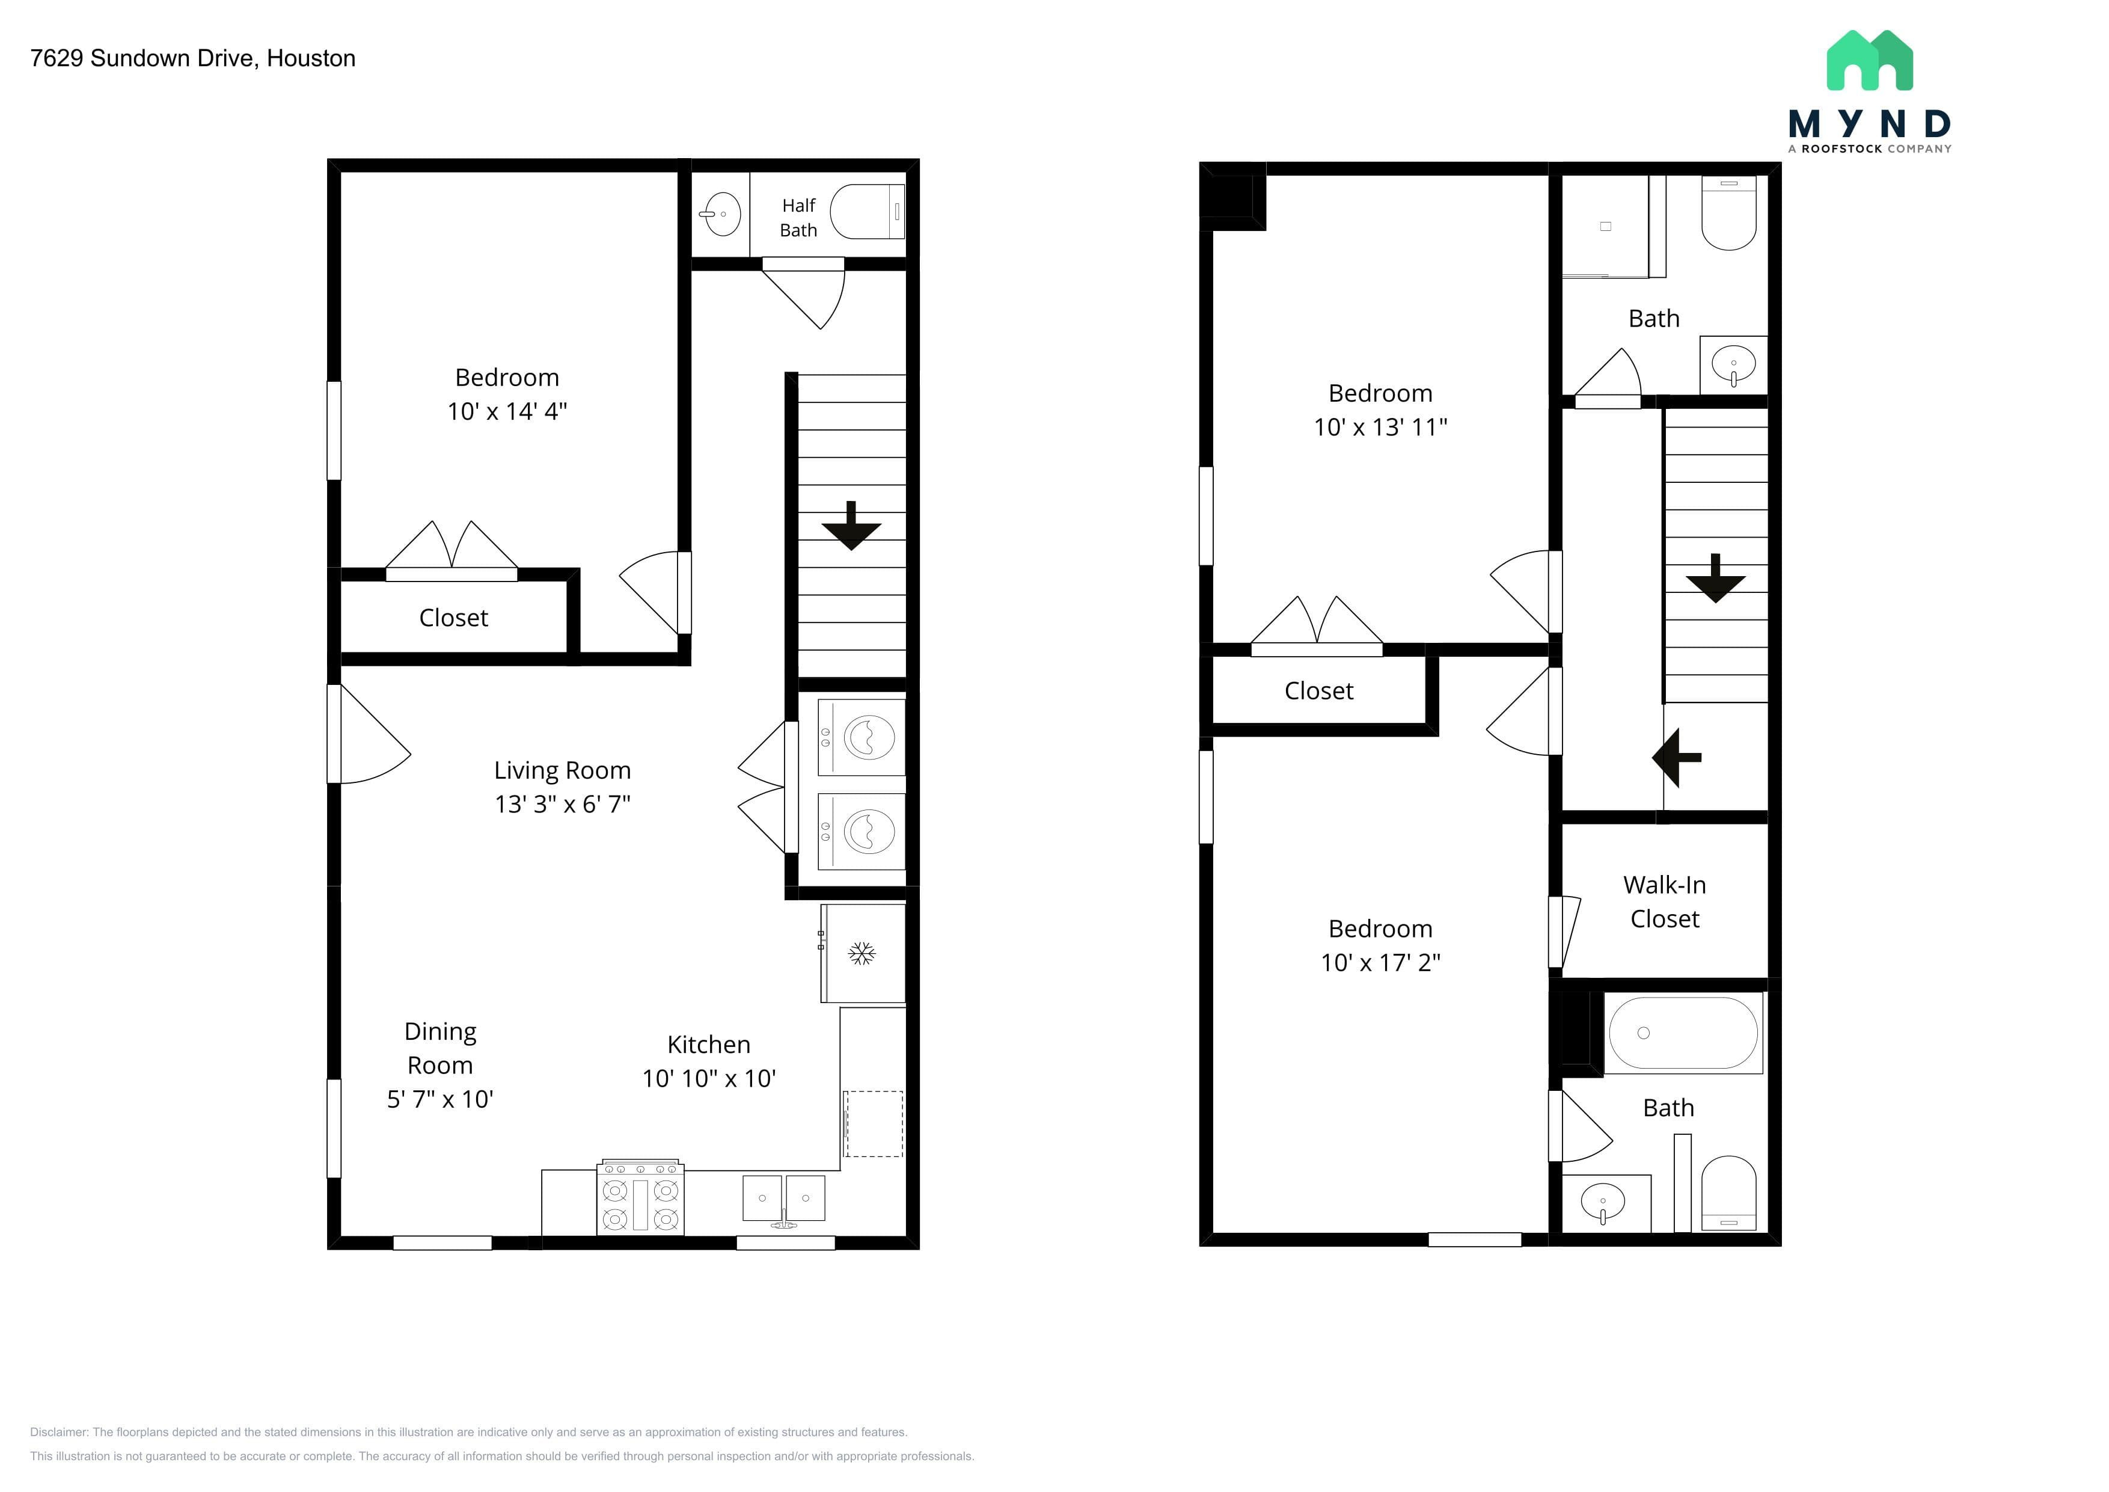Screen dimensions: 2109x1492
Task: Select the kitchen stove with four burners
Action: coord(640,1198)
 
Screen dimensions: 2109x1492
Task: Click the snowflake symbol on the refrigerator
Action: coord(862,954)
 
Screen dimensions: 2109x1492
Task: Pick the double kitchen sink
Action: coord(783,1200)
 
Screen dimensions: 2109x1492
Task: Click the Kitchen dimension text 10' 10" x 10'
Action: coord(709,1079)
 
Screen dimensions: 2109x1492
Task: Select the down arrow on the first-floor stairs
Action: coord(851,526)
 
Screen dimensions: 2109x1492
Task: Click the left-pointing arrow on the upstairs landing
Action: coord(1677,758)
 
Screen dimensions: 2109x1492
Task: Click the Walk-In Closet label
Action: coord(1665,901)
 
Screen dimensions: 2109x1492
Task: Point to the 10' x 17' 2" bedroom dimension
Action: coord(1380,963)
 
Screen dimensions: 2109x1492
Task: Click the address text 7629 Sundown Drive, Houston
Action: coord(193,58)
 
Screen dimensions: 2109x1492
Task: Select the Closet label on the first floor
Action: coord(454,618)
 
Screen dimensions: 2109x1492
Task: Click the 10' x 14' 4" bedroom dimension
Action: coord(507,411)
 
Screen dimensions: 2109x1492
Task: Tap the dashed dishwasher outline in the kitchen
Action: coord(874,1123)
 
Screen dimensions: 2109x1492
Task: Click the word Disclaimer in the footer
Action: coord(59,1432)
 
